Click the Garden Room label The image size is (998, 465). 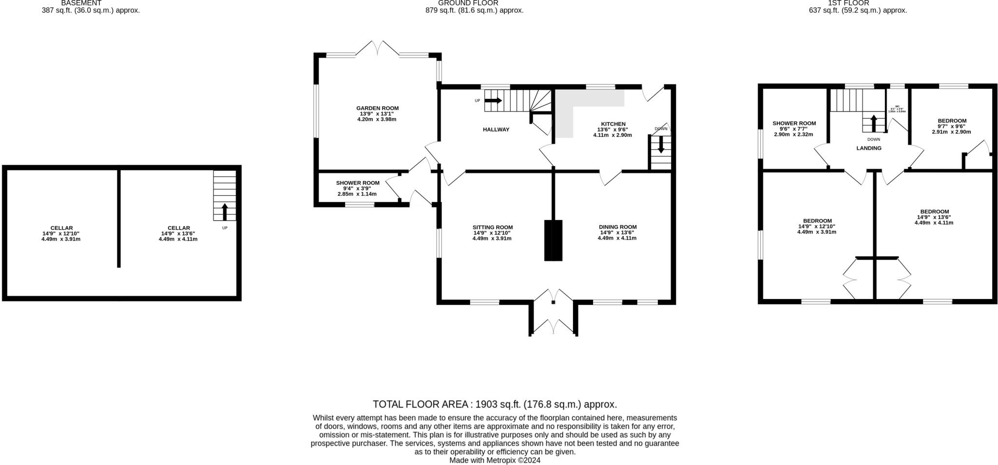pos(377,109)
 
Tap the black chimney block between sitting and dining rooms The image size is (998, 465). pos(553,241)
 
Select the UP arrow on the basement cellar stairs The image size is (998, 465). pos(225,212)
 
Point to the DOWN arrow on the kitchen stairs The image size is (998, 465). pos(661,145)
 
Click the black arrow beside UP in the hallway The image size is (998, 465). pos(493,100)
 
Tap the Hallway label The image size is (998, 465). pos(496,130)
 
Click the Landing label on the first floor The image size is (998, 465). pos(869,148)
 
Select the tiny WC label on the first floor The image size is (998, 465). pos(897,106)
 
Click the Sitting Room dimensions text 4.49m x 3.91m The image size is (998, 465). pos(492,239)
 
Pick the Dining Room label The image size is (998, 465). pos(617,227)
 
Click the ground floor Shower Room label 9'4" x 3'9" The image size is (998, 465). pos(357,183)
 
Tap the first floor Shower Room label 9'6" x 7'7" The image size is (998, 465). pos(794,124)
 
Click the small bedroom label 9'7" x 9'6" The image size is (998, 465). pos(952,121)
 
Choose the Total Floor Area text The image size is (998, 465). pos(495,404)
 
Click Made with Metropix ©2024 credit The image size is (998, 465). pos(495,460)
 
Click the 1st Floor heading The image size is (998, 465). pos(855,3)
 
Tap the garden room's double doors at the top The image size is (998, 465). pos(378,49)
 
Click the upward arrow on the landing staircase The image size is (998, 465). pos(873,123)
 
